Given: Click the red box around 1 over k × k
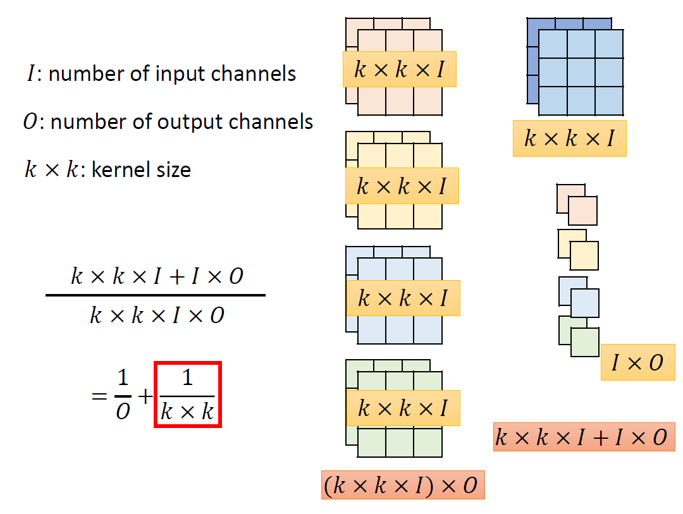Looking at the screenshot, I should [188, 395].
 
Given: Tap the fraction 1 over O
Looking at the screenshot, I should [123, 395].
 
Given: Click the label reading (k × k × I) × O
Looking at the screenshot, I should [403, 486].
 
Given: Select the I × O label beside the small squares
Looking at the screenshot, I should [637, 362].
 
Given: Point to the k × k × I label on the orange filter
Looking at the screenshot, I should [399, 69].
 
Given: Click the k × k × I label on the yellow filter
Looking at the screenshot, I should [402, 186].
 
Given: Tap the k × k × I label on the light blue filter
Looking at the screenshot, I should [403, 298].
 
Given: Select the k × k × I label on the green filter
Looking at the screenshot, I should [403, 408].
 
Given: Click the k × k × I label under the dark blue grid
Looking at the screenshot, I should [569, 138].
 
